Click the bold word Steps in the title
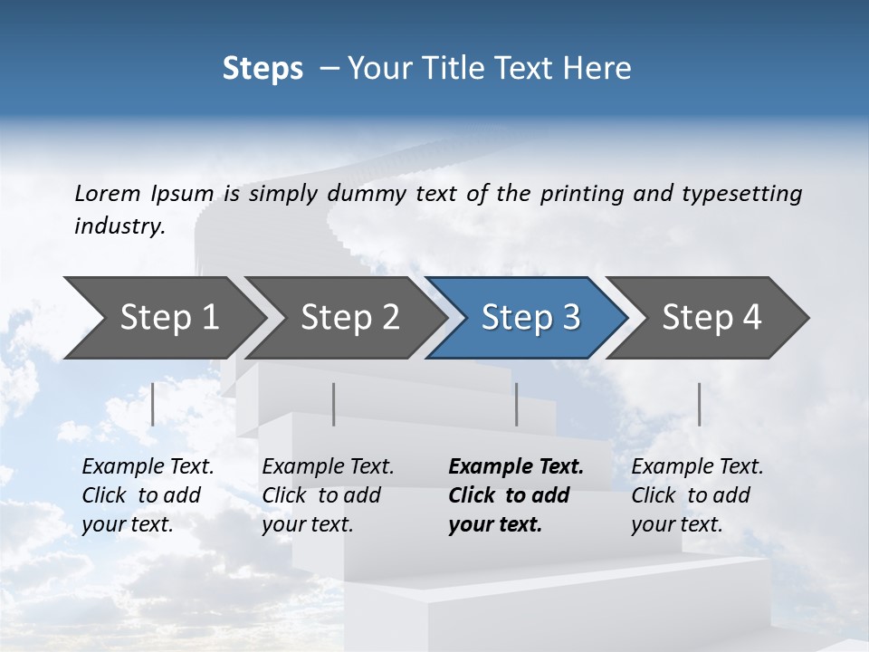(x=263, y=69)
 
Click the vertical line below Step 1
(x=153, y=404)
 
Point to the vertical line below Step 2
(x=334, y=404)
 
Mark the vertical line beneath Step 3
(x=516, y=404)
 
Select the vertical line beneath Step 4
(x=699, y=404)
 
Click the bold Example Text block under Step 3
(x=516, y=495)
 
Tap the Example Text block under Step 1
(x=148, y=495)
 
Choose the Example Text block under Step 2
(x=328, y=495)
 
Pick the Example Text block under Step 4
(x=697, y=495)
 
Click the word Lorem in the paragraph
(x=108, y=193)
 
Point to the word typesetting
(x=741, y=194)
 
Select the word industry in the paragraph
(x=119, y=226)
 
